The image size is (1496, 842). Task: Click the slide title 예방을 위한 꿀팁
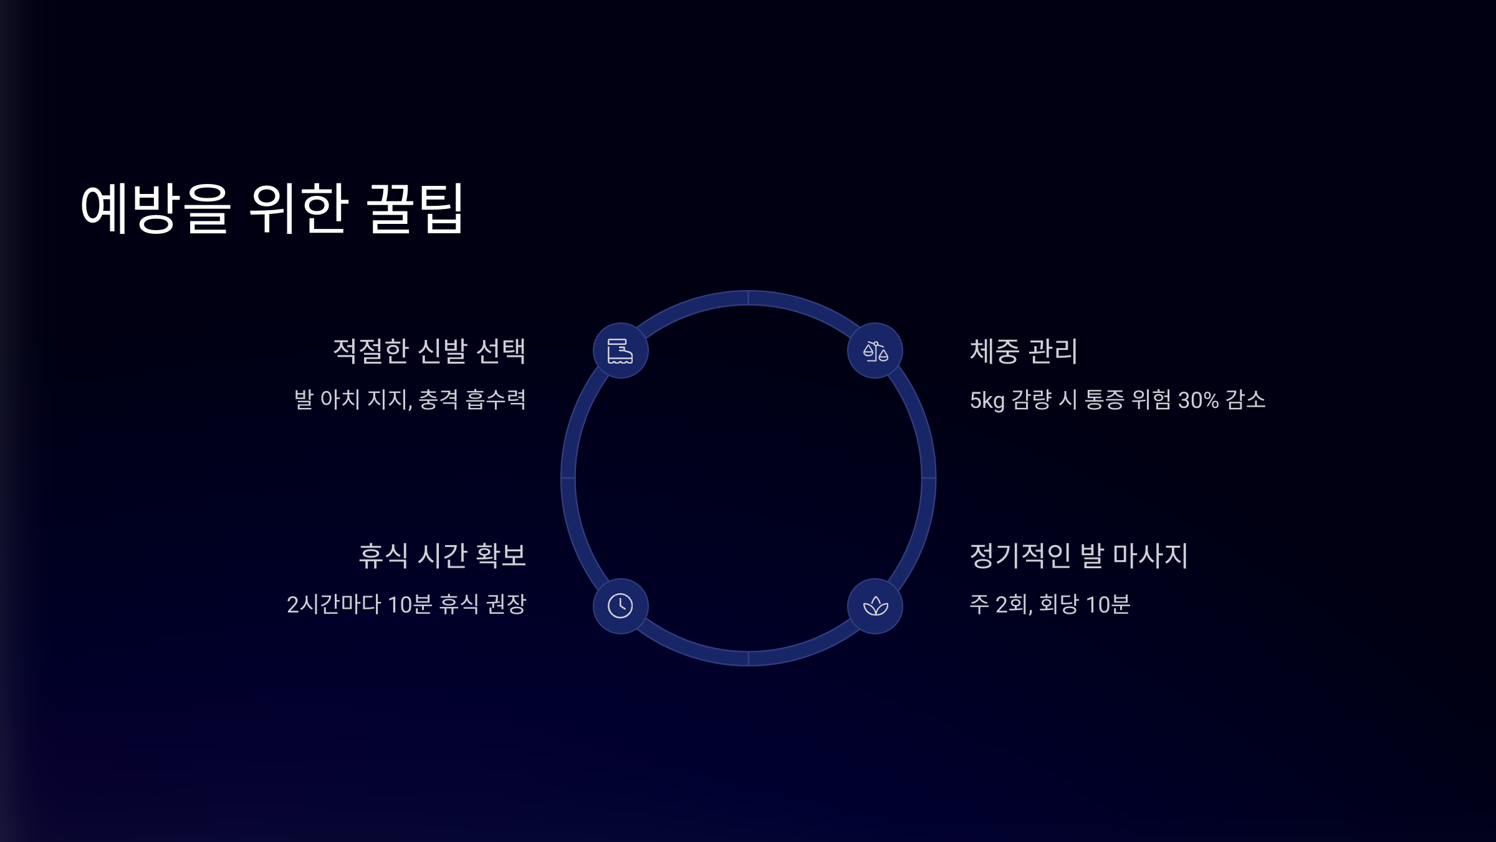[272, 208]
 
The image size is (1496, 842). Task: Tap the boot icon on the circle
[620, 351]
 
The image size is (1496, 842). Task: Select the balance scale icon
[875, 351]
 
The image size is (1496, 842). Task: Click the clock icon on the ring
[620, 606]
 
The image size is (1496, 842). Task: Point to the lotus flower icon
[875, 606]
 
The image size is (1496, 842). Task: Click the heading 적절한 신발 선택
[429, 351]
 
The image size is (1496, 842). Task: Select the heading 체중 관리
[1023, 351]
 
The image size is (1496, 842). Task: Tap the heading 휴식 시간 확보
[442, 555]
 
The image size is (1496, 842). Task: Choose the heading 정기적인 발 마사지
[1078, 555]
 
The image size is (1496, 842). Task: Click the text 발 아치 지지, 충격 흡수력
[410, 400]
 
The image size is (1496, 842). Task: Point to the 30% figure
[1198, 400]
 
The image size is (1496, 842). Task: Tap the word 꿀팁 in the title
[414, 208]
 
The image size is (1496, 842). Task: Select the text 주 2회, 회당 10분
[1050, 604]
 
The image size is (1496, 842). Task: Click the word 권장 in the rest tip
[506, 604]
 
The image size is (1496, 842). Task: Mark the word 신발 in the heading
[443, 351]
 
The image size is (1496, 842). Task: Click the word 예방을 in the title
[155, 208]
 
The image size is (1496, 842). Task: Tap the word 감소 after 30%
[1245, 400]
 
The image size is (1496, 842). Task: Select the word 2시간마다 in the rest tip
[333, 604]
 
